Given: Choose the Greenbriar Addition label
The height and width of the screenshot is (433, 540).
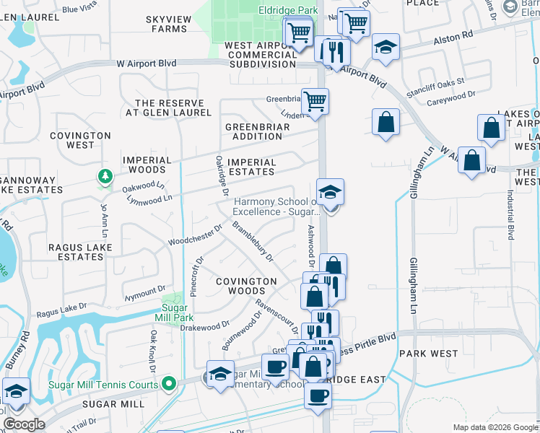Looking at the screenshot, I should (x=257, y=132).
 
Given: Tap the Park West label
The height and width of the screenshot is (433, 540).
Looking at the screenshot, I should (x=429, y=354).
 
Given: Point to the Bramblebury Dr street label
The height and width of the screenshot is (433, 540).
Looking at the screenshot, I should (x=253, y=240).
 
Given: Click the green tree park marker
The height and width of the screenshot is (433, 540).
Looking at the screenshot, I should (x=105, y=176).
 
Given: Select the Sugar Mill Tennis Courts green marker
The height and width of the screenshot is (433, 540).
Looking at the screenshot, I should (x=170, y=383).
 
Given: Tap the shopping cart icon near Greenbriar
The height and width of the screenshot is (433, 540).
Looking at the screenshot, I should (x=315, y=101).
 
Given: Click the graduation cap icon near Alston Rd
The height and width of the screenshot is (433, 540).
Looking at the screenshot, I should (x=386, y=47).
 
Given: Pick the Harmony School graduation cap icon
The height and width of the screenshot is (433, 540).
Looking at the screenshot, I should (x=331, y=192).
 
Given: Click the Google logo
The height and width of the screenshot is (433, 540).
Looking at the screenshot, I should (x=24, y=424).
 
